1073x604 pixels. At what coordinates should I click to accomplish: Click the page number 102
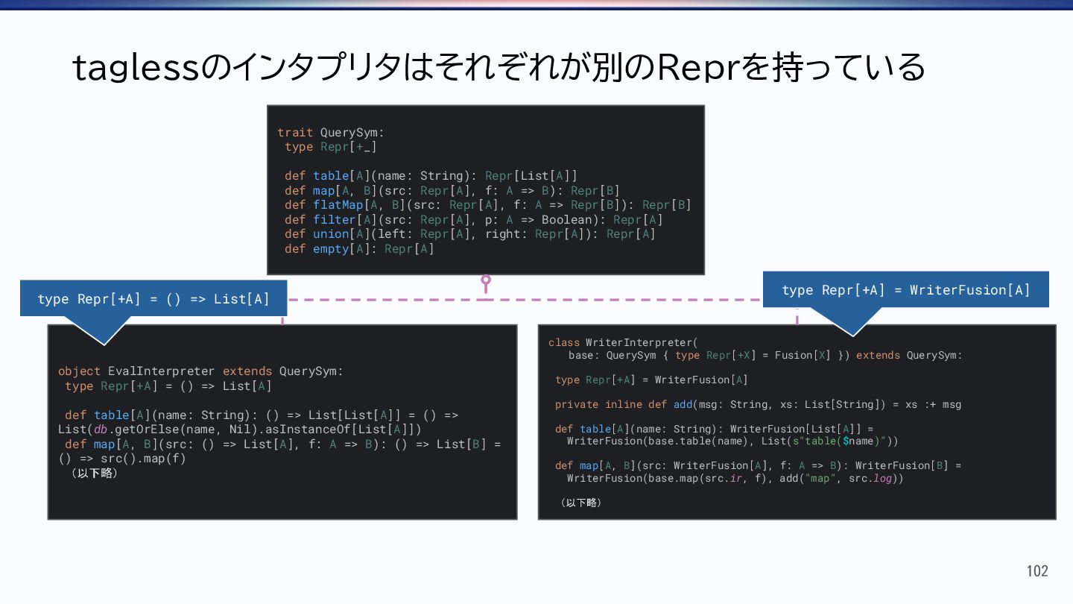click(1037, 571)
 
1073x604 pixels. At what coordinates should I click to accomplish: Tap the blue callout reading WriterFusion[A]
click(905, 290)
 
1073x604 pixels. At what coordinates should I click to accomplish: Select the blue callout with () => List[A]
click(153, 299)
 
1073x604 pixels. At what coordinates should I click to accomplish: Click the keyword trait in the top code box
click(295, 133)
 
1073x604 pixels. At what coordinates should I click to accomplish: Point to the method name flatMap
click(338, 205)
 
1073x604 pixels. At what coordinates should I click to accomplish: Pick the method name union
click(330, 234)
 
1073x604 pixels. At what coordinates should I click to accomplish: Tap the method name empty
click(330, 249)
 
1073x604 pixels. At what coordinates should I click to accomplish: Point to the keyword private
click(577, 404)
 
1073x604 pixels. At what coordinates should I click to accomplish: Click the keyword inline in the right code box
click(623, 404)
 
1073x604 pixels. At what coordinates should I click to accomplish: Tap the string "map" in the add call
click(820, 478)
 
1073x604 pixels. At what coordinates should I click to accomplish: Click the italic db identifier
click(101, 430)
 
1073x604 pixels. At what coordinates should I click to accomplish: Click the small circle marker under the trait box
click(486, 280)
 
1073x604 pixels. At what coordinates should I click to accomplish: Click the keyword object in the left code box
click(79, 371)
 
